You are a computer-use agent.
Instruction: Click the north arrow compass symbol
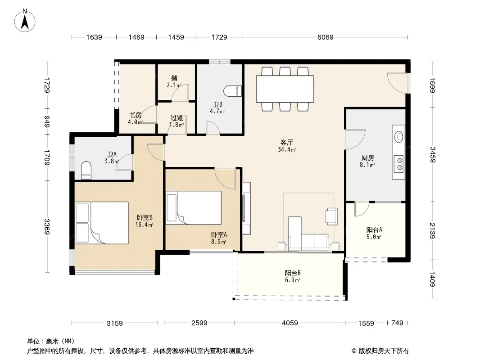click(x=25, y=20)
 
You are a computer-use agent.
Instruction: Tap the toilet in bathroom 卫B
click(x=233, y=91)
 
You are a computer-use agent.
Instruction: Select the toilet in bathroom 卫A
click(x=86, y=170)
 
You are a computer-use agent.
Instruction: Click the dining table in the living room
click(x=285, y=89)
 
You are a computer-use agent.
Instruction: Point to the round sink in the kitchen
click(x=398, y=136)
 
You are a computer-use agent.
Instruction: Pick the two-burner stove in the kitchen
click(x=398, y=163)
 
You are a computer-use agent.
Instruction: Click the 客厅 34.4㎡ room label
click(x=287, y=146)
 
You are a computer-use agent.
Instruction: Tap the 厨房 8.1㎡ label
click(x=367, y=161)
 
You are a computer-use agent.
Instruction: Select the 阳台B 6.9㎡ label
click(x=292, y=276)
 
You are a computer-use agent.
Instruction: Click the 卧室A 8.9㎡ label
click(x=219, y=238)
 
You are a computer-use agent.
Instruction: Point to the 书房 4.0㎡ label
click(x=135, y=119)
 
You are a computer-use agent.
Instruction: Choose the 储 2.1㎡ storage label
click(x=174, y=81)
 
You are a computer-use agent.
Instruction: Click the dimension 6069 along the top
click(x=325, y=37)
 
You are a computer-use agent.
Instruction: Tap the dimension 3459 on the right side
click(x=432, y=155)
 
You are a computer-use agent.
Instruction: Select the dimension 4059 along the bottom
click(x=290, y=323)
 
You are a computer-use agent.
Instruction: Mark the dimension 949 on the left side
click(x=47, y=121)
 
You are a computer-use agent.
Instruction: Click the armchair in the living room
click(x=331, y=216)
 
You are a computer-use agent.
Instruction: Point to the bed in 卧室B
click(x=102, y=223)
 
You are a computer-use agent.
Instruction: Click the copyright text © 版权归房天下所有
click(x=380, y=351)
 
